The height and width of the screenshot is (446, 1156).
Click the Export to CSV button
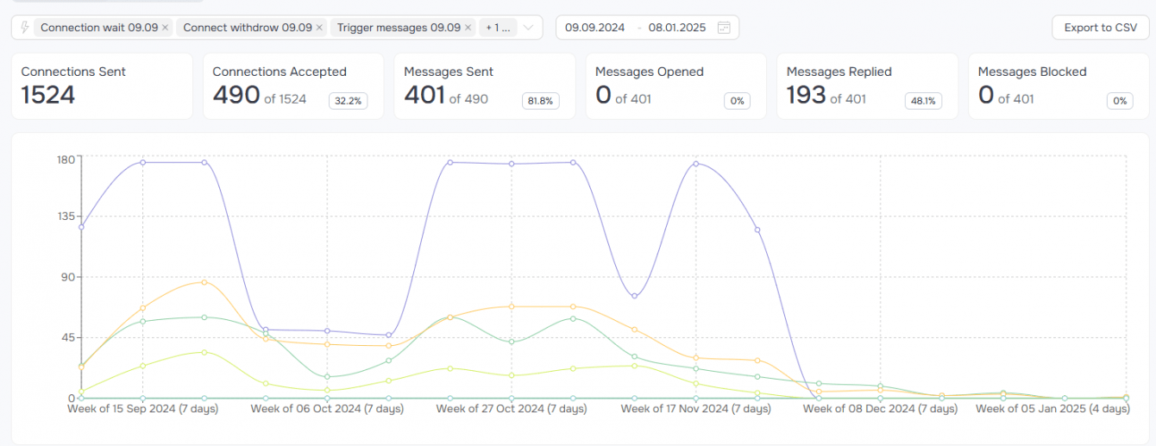point(1100,28)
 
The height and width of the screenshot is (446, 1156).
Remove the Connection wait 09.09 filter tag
point(166,28)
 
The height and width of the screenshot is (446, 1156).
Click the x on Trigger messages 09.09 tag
point(468,28)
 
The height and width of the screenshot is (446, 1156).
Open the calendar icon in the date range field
point(724,28)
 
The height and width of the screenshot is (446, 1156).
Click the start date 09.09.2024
point(594,28)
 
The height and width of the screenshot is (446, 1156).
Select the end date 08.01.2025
point(677,28)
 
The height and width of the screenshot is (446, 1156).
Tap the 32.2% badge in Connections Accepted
point(348,101)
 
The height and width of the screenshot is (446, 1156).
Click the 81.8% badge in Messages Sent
point(540,101)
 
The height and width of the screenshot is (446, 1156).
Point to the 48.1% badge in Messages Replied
point(922,101)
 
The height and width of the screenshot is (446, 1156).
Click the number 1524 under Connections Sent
point(48,95)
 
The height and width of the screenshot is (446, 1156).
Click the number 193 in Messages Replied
point(806,95)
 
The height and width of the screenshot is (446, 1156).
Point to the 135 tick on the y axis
point(65,217)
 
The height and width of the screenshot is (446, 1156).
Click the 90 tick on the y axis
point(68,278)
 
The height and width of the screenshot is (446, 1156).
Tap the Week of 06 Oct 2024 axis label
point(327,409)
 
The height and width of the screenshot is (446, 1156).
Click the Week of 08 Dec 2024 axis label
point(880,409)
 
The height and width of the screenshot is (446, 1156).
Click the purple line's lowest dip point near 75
point(635,296)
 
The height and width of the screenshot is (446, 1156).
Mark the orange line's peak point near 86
point(204,282)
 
